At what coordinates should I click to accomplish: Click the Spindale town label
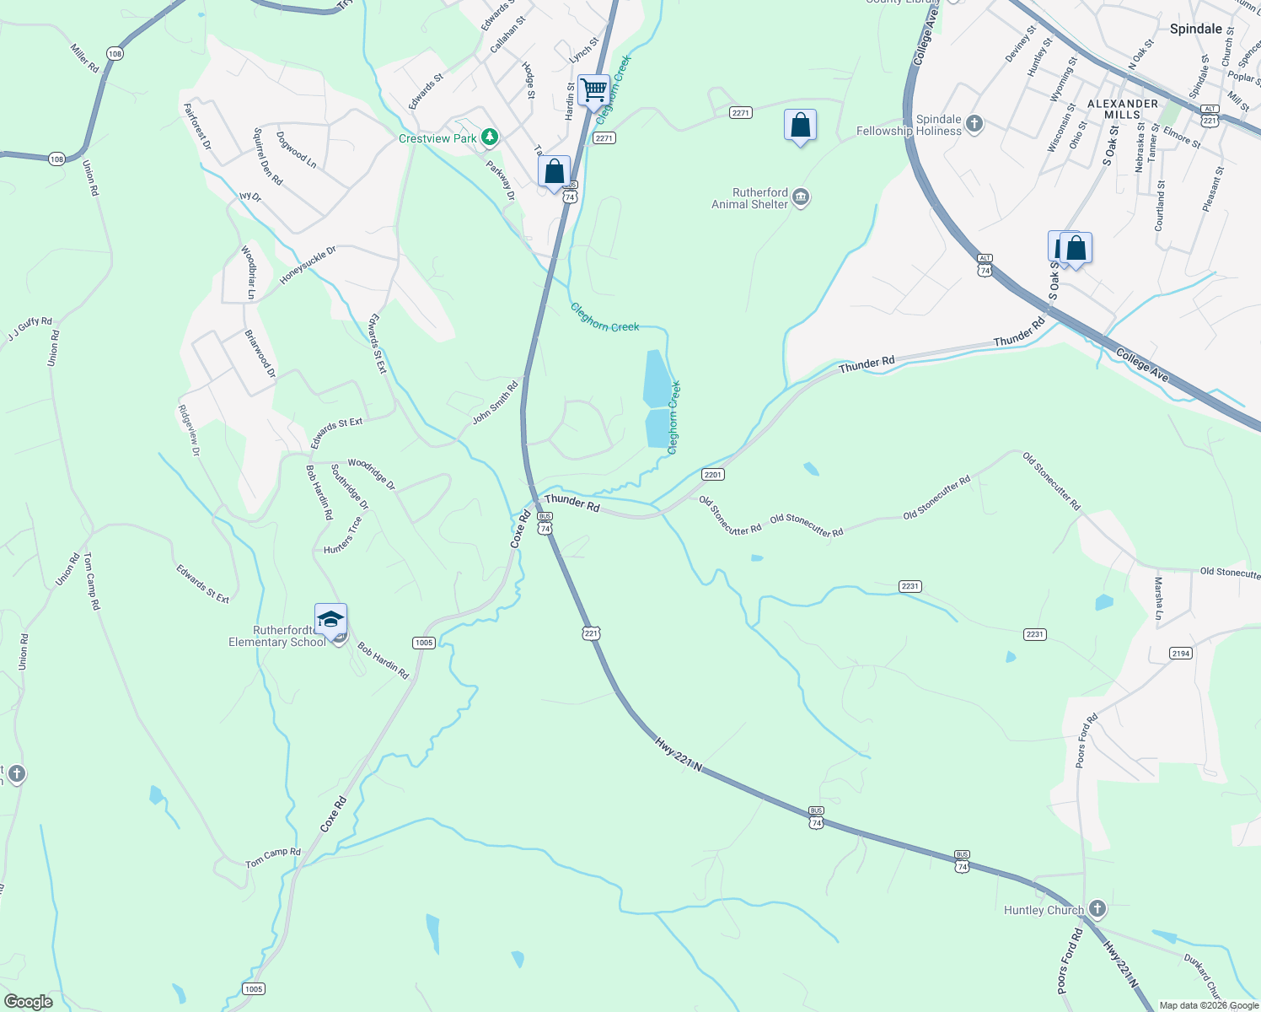point(1195,29)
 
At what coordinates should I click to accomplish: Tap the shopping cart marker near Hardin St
point(594,90)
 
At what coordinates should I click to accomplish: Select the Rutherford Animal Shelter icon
point(802,198)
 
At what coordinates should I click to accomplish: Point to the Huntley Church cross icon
point(1097,909)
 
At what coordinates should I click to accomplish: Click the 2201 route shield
point(713,475)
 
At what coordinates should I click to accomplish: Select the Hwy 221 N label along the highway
point(679,752)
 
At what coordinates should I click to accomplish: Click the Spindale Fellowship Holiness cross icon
point(974,124)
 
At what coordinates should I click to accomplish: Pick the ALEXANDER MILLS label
point(1123,109)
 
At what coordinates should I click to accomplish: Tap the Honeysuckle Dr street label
point(308,264)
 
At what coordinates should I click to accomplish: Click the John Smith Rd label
point(496,403)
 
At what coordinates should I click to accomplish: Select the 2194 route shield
point(1181,654)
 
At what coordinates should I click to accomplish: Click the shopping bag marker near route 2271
point(800,126)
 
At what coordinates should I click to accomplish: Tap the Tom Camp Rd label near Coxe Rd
point(273,858)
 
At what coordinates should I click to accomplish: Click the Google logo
point(28,1001)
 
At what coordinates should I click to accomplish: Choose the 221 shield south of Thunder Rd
point(592,633)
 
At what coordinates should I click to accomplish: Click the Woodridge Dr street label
point(371,474)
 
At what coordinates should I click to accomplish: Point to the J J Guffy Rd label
point(30,329)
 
